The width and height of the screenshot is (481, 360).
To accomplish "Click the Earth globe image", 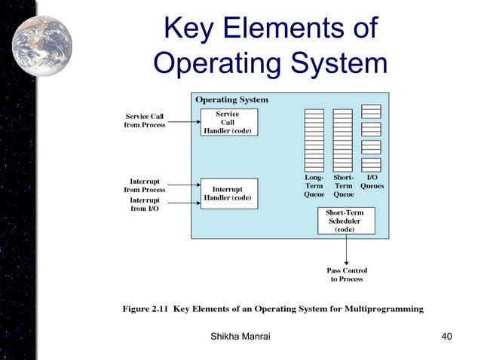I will pos(42,45).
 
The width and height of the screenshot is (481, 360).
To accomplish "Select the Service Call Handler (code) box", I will pos(228,122).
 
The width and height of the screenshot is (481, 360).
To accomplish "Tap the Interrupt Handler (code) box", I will pos(228,194).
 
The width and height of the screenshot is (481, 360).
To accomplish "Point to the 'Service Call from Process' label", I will pos(145,121).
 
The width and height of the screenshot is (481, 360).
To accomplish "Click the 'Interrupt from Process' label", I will pos(145,185).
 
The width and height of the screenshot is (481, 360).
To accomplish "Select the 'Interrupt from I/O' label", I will pos(145,204).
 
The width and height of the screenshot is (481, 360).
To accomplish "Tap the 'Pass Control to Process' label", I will pos(347,274).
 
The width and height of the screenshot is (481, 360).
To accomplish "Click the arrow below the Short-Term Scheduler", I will pos(347,249).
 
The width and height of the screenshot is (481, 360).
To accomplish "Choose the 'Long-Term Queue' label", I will pos(314,185).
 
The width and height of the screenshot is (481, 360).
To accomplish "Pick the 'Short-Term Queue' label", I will pos(343,185).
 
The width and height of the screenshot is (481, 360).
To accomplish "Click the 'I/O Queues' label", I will pos(372,182).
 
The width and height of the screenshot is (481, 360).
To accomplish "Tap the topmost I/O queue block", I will pos(371,111).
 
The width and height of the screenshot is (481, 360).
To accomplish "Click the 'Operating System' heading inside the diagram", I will pos(231,99).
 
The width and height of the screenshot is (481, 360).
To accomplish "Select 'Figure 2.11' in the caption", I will pos(146,308).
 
